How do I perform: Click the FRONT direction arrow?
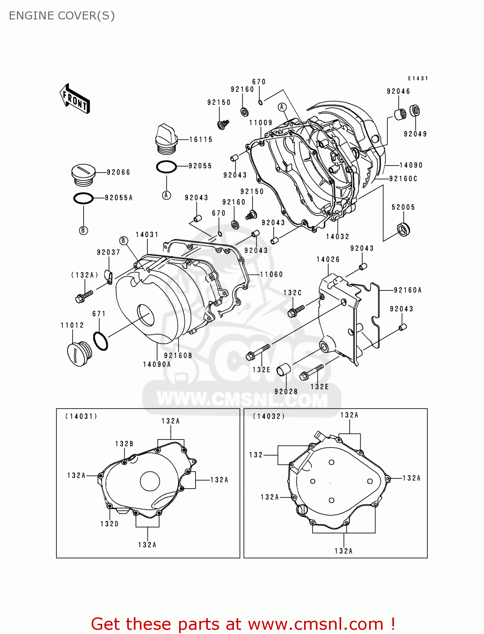pos(75,99)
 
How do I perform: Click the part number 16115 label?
pos(201,139)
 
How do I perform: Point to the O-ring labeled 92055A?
pos(83,198)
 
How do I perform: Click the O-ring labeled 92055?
pos(166,167)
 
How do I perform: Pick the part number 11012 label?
pos(72,325)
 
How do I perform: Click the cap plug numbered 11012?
pos(79,353)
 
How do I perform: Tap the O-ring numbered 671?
pos(100,341)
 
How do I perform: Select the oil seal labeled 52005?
pos(404,229)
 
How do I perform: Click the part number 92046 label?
pos(398,91)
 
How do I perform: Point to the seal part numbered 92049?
pos(415,111)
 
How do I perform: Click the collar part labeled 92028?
pos(283,371)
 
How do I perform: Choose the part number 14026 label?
pos(328,260)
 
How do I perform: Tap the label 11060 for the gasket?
pos(271,274)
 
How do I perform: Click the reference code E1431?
pos(418,79)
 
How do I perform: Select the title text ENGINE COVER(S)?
pos(62,16)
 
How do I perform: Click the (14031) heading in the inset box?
pos(81,416)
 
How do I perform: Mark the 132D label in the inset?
pos(109,524)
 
